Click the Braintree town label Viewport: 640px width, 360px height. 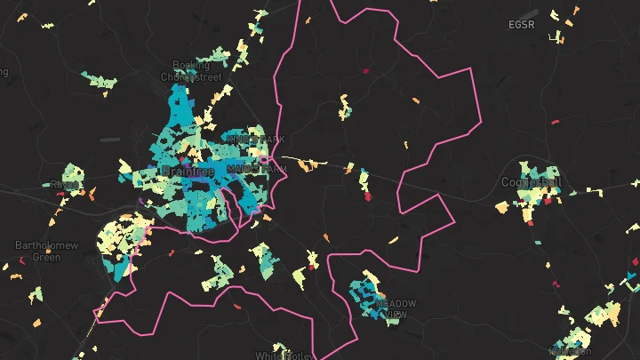click(185, 170)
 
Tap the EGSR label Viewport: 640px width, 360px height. click(522, 25)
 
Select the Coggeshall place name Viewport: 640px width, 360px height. click(532, 180)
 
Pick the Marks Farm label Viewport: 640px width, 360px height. click(257, 167)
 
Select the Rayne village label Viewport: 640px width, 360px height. click(64, 184)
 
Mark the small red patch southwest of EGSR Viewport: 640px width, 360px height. click(555, 122)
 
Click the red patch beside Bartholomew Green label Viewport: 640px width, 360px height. click(21, 261)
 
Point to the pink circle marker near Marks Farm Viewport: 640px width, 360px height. click(264, 160)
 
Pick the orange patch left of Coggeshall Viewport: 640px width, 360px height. click(501, 207)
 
